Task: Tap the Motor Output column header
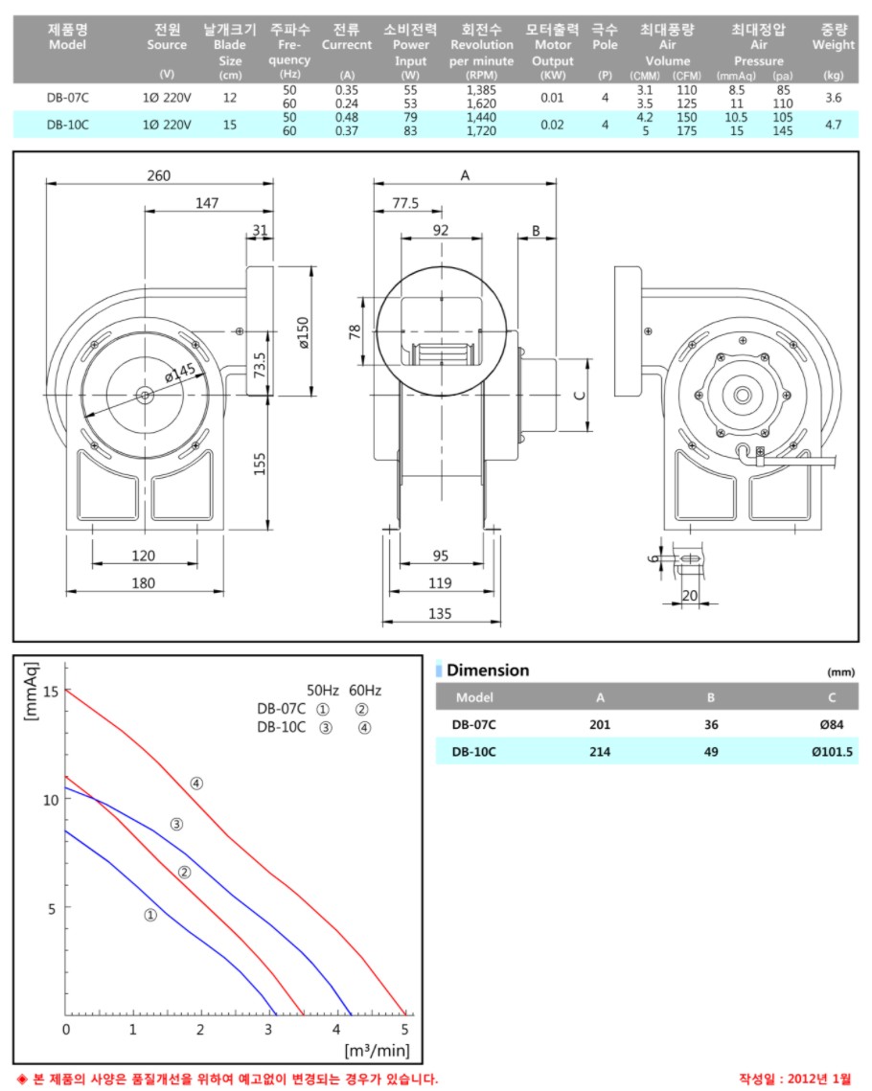pyautogui.click(x=552, y=52)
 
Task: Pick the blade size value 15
pyautogui.click(x=229, y=124)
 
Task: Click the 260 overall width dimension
pyautogui.click(x=159, y=175)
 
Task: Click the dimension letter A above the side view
pyautogui.click(x=466, y=175)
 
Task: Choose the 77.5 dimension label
pyautogui.click(x=406, y=203)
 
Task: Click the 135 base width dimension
pyautogui.click(x=440, y=614)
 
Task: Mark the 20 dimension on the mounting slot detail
pyautogui.click(x=689, y=595)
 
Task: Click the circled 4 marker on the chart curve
pyautogui.click(x=196, y=783)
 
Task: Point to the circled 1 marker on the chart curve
pyautogui.click(x=150, y=915)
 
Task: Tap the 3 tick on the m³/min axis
pyautogui.click(x=269, y=1029)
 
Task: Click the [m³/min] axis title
pyautogui.click(x=378, y=1050)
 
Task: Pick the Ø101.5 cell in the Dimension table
pyautogui.click(x=831, y=752)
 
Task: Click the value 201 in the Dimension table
pyautogui.click(x=600, y=725)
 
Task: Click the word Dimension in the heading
pyautogui.click(x=488, y=671)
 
